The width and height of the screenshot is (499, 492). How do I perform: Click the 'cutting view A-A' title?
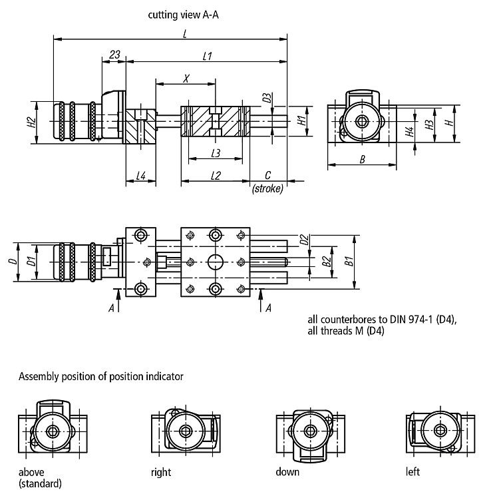[184, 15]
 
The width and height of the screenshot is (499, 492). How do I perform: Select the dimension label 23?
[114, 55]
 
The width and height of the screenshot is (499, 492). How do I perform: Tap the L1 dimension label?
[207, 57]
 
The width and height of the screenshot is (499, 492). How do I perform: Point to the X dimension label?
[186, 79]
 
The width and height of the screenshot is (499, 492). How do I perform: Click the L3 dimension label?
[216, 154]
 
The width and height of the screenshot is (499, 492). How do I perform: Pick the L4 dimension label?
[141, 176]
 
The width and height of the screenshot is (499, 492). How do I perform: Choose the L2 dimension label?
[216, 176]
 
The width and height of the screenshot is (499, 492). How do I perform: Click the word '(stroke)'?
[267, 189]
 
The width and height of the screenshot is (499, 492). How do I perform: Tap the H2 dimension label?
[31, 123]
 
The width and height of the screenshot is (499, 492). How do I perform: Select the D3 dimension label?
[267, 98]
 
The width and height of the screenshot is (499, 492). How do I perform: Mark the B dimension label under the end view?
[362, 159]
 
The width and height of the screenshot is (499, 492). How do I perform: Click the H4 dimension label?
[410, 131]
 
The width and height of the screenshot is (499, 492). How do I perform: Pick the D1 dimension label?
[31, 262]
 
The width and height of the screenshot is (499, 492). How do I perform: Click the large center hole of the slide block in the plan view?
[216, 262]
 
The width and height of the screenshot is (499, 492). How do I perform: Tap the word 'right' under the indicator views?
[161, 472]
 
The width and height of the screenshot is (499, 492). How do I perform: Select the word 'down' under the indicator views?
[287, 471]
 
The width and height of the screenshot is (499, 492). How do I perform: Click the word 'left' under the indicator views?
[413, 471]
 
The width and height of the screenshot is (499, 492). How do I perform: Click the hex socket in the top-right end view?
[362, 121]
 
